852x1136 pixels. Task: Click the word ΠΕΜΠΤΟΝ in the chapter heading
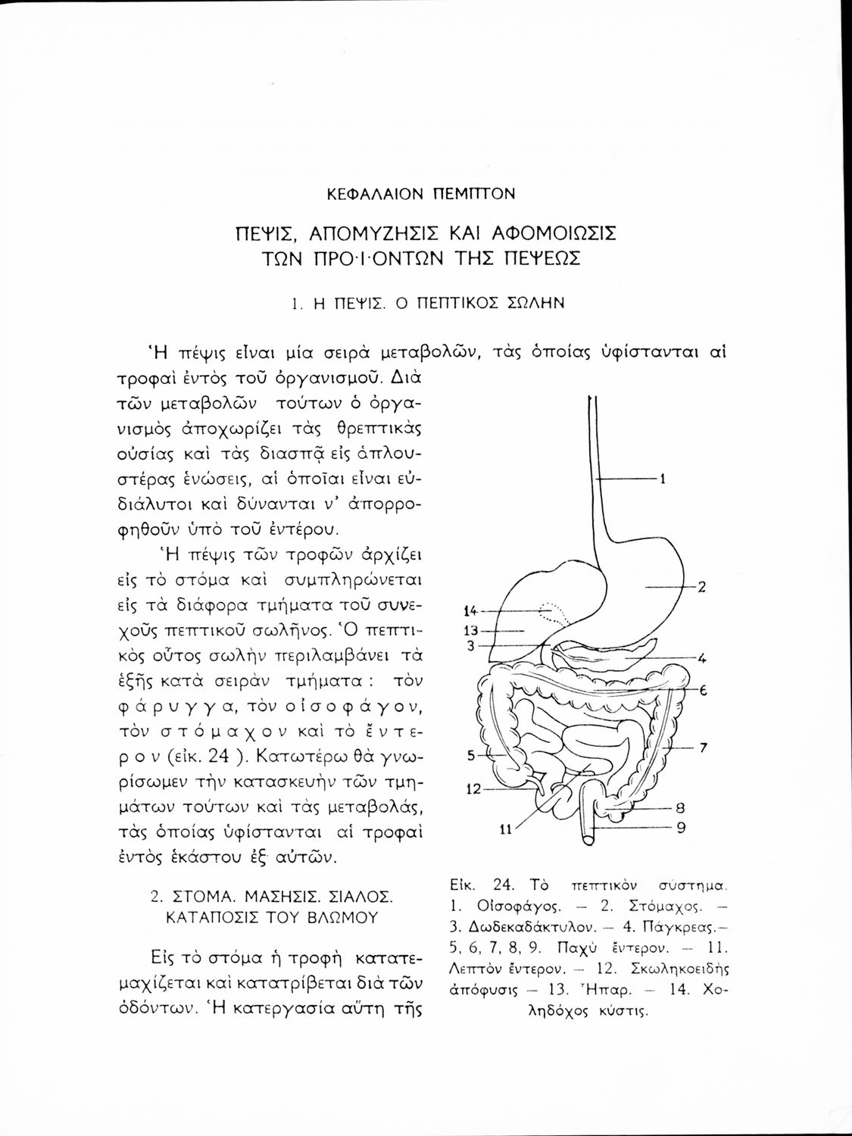pyautogui.click(x=473, y=194)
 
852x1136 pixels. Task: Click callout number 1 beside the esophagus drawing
pyautogui.click(x=663, y=478)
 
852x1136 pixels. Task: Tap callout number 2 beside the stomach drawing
pyautogui.click(x=702, y=586)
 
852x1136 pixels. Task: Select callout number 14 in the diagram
pyautogui.click(x=470, y=610)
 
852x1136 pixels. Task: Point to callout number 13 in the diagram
pyautogui.click(x=470, y=630)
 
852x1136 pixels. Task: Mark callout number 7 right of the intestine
pyautogui.click(x=703, y=747)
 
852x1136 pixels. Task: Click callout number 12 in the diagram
pyautogui.click(x=473, y=789)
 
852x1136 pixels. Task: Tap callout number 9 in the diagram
pyautogui.click(x=680, y=827)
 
